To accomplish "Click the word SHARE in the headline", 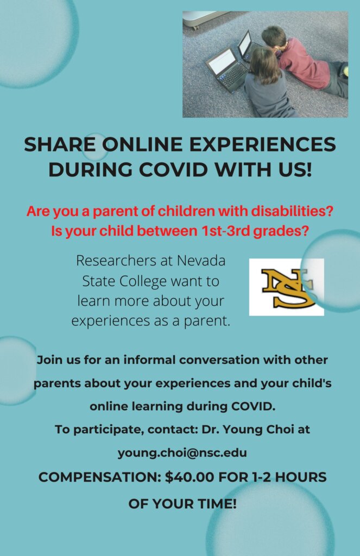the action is click(x=60, y=144).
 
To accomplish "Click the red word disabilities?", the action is click(x=292, y=211).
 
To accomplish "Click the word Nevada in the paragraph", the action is click(x=201, y=261).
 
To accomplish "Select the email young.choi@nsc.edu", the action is click(x=182, y=453).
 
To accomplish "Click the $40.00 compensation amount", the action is click(x=190, y=477).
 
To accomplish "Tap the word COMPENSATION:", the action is click(x=100, y=477).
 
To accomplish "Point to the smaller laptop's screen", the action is click(x=244, y=43).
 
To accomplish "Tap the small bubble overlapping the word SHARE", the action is click(x=95, y=147).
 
